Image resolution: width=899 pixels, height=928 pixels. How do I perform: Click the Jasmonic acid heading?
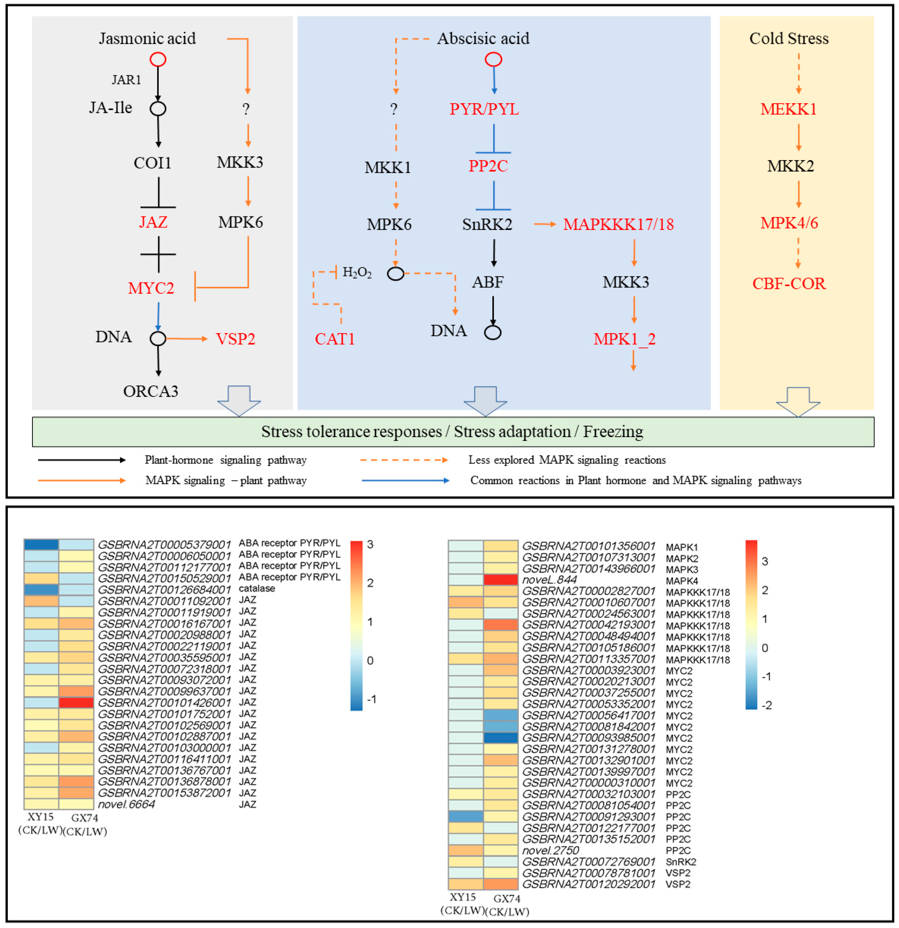[147, 38]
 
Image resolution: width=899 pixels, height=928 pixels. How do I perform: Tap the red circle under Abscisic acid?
[493, 60]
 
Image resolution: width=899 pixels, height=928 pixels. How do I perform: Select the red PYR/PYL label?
[483, 109]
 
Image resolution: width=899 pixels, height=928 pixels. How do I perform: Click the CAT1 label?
[334, 339]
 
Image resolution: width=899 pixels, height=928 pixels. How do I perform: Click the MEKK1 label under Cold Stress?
[788, 109]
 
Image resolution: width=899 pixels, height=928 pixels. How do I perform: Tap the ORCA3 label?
[151, 392]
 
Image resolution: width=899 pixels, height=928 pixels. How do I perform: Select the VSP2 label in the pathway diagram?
[235, 339]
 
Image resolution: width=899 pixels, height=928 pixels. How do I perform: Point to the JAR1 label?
[126, 80]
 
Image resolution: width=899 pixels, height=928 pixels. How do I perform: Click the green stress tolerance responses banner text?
[452, 432]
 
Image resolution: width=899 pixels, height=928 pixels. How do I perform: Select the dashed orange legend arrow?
[403, 460]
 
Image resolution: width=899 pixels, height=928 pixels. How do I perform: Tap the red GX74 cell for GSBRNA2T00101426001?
[76, 703]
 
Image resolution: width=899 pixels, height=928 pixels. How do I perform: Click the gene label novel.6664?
[126, 804]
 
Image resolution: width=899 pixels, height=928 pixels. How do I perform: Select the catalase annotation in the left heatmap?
[256, 589]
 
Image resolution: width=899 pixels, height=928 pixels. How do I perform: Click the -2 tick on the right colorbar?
[766, 705]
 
